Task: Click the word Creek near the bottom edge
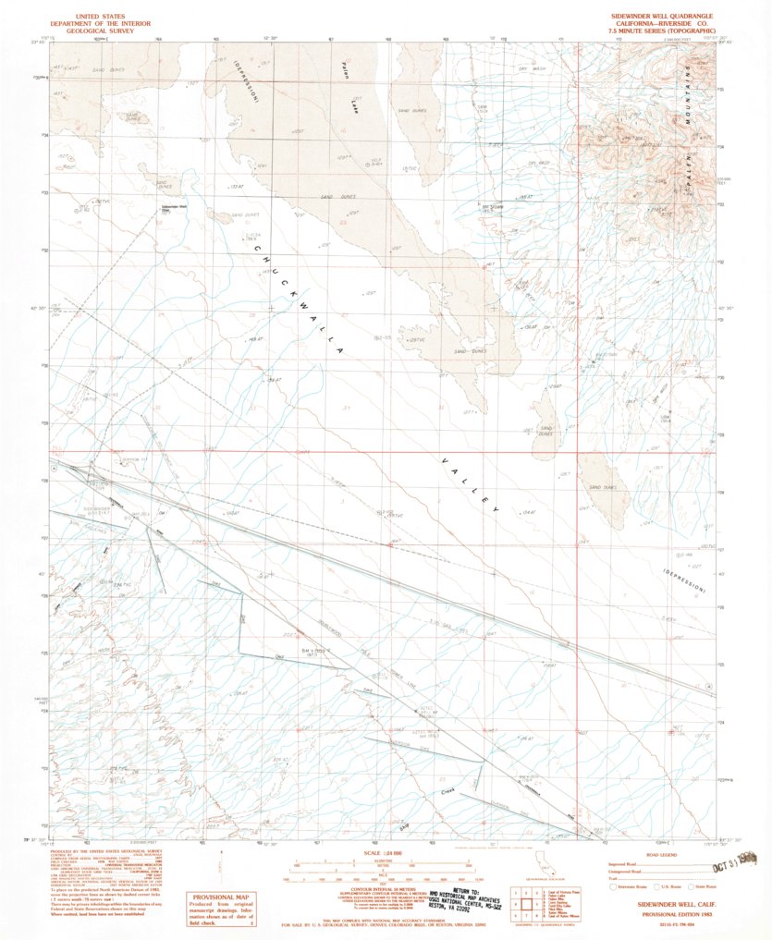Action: click(449, 792)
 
